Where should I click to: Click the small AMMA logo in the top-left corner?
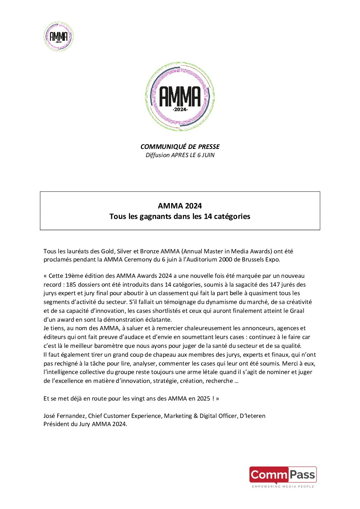tap(59, 36)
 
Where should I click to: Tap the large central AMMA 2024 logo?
tap(180, 97)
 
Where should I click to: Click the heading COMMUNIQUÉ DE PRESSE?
tap(180, 147)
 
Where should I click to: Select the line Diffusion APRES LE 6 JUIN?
tap(180, 155)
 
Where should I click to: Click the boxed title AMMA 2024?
tap(180, 206)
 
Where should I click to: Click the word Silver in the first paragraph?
tap(124, 251)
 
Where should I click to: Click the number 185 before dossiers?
tap(71, 285)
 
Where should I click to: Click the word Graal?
tap(297, 311)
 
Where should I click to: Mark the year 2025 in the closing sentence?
tap(203, 398)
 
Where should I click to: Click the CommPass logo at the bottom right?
tap(283, 476)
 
